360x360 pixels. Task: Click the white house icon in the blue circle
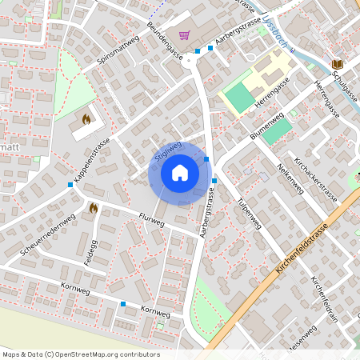[x=179, y=172]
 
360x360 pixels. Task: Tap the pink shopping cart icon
[x=186, y=35]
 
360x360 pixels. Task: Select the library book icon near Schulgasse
[x=337, y=63]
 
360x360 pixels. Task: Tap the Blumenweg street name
[x=266, y=127]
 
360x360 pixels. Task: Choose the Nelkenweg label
[x=290, y=178]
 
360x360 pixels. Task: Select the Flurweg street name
[x=150, y=219]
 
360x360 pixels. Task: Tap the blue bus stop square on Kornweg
[x=123, y=304]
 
